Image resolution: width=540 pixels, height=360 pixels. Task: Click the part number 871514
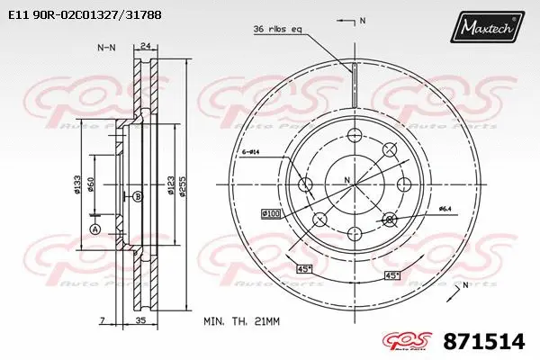pos(490,342)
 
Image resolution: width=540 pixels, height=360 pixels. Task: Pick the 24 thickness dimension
pos(145,47)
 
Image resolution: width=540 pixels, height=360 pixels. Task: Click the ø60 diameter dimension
pos(93,184)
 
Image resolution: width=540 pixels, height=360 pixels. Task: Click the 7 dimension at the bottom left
pos(103,319)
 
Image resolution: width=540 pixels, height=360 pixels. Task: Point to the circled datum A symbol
pos(94,229)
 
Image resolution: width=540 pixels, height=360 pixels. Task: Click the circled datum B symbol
pos(137,195)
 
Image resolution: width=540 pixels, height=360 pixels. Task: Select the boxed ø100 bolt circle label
pos(271,213)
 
